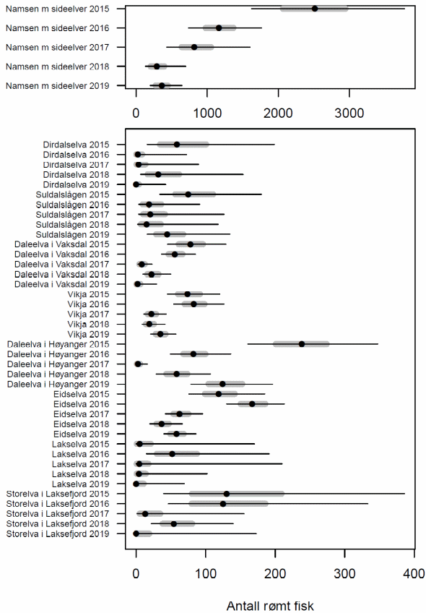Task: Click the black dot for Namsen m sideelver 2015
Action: click(315, 9)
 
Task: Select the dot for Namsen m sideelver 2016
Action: click(219, 27)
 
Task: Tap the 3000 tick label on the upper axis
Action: click(349, 113)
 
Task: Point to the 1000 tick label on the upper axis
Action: click(207, 113)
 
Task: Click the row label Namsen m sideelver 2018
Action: click(57, 67)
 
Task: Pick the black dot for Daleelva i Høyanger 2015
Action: click(301, 344)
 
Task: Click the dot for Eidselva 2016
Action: click(252, 404)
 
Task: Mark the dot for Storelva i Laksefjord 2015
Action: click(227, 494)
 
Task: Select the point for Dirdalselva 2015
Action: click(177, 145)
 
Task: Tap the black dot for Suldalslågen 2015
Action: click(188, 194)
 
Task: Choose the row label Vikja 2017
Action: click(88, 314)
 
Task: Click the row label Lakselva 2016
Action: click(80, 454)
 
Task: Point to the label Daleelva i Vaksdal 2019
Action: click(61, 284)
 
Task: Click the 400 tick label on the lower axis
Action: click(414, 573)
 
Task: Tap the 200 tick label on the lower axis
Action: click(275, 573)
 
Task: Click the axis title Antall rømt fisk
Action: click(270, 606)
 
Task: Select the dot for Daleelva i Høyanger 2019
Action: click(222, 384)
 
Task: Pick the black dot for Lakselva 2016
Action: click(172, 454)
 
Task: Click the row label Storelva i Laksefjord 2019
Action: click(58, 534)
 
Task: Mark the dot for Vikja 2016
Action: click(194, 304)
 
